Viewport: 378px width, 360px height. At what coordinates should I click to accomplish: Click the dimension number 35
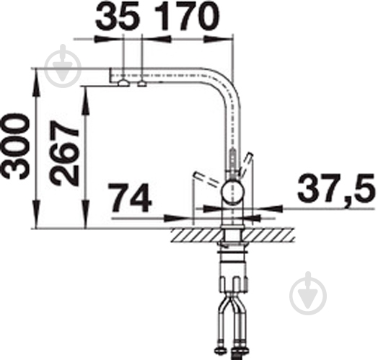pyautogui.click(x=118, y=17)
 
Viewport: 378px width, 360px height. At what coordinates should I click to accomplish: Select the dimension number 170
pyautogui.click(x=187, y=17)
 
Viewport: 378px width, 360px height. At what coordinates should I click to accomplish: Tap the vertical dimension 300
pyautogui.click(x=16, y=146)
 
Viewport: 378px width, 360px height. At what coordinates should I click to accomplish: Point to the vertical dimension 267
pyautogui.click(x=64, y=153)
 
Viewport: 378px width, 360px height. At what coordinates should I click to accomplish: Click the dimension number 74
pyautogui.click(x=130, y=198)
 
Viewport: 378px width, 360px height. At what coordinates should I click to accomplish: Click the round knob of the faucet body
pyautogui.click(x=233, y=193)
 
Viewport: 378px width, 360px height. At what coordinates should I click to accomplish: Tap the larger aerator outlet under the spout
pyautogui.click(x=123, y=83)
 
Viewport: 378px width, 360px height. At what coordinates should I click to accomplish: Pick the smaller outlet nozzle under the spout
pyautogui.click(x=142, y=84)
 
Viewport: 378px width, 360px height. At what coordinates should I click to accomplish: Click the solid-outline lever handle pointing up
pyautogui.click(x=247, y=164)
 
